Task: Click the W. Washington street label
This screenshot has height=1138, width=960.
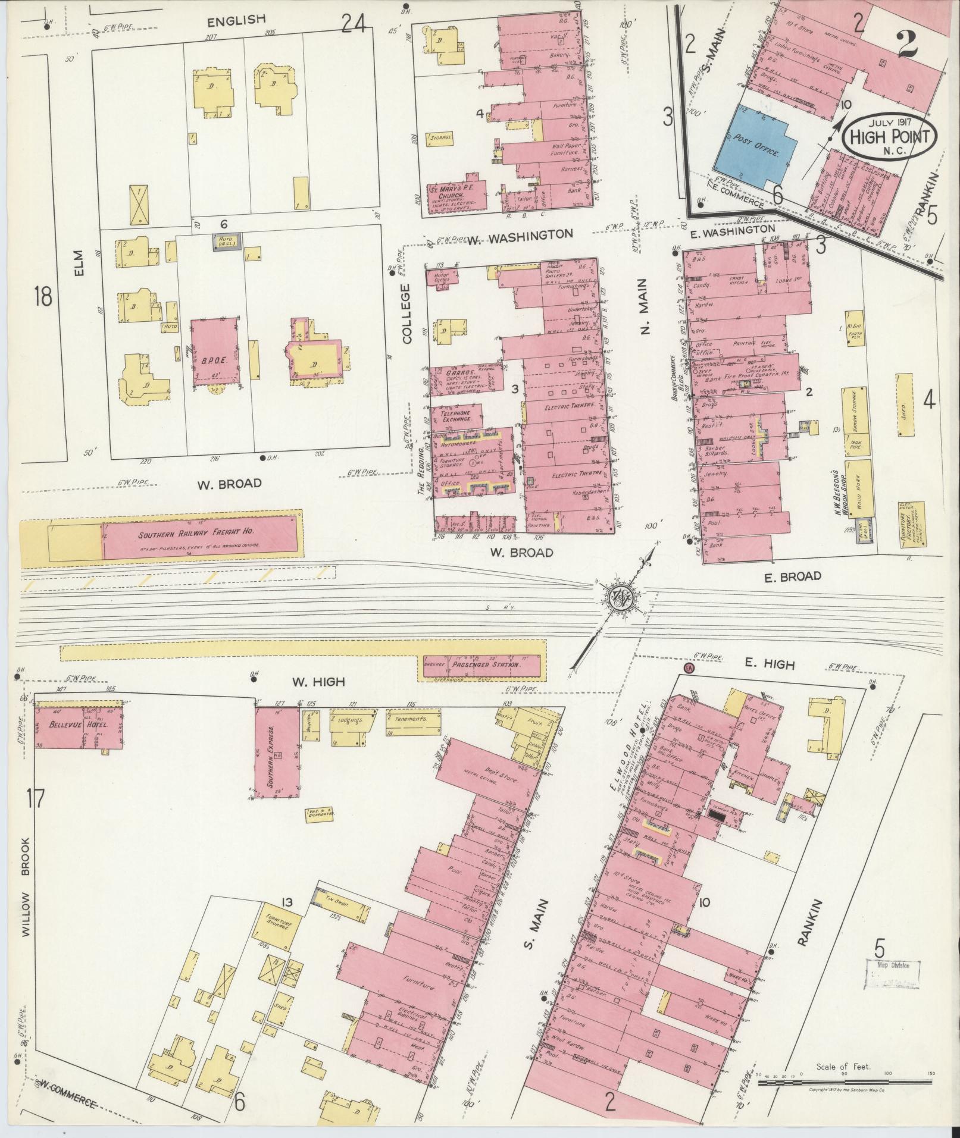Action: (518, 235)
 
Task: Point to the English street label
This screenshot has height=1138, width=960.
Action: (236, 20)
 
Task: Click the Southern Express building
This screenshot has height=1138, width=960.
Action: (277, 751)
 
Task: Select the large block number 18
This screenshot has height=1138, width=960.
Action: (43, 296)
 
